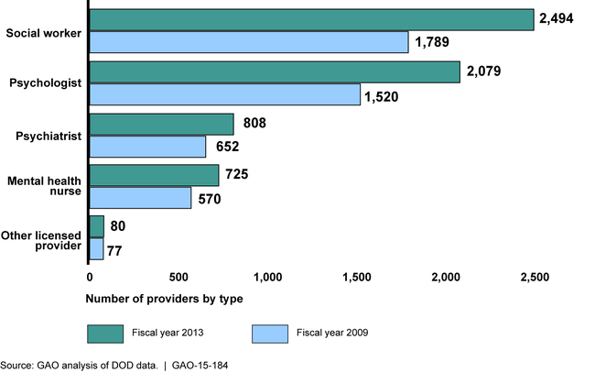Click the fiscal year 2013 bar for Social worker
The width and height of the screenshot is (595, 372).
pos(311,19)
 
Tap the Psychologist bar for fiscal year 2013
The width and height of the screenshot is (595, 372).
pos(275,72)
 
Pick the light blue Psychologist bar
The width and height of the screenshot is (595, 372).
pos(225,94)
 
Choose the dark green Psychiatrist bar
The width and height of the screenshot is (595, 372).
pos(162,125)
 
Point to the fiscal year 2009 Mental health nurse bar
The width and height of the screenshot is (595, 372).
pos(140,198)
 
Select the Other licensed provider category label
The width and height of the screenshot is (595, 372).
pos(44,240)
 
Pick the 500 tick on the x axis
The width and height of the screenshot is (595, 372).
pos(178,277)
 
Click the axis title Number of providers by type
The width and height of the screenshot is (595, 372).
pos(165,299)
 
